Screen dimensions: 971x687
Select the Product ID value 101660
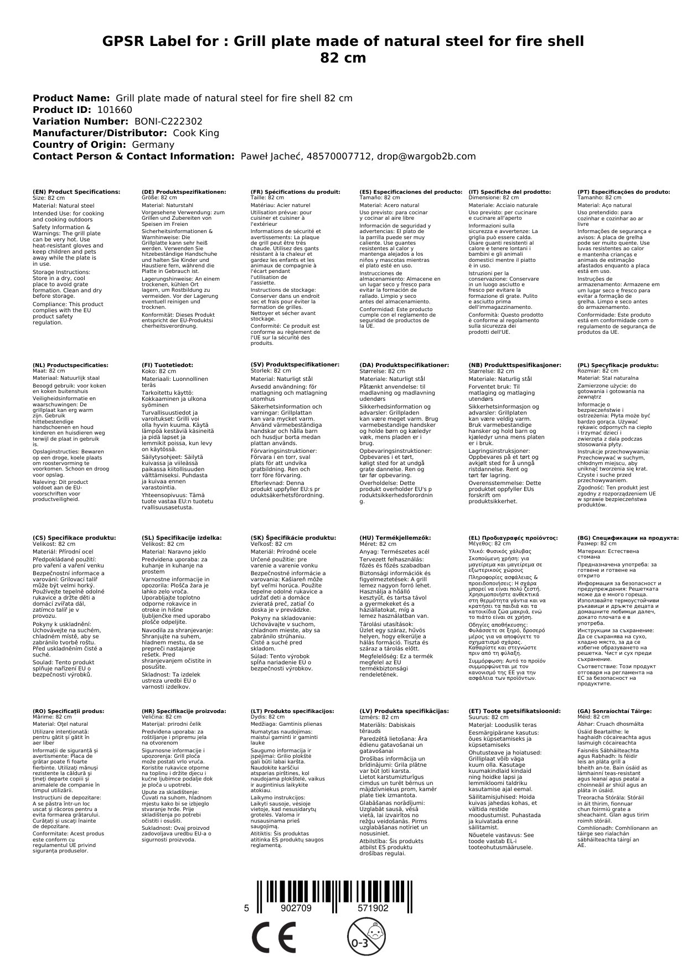[x=115, y=110]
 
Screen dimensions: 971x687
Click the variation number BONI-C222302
[x=168, y=121]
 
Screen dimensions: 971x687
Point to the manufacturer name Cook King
[x=196, y=133]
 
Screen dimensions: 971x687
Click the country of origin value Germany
[x=153, y=144]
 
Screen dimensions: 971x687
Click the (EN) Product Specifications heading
[x=76, y=192]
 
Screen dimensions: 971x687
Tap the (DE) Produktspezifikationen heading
[x=184, y=192]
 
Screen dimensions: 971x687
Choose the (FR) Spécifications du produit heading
[x=295, y=192]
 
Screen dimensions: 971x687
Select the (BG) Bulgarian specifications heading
[x=628, y=538]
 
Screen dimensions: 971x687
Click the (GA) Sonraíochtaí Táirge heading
[x=614, y=711]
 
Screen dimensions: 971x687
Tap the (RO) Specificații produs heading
[x=68, y=711]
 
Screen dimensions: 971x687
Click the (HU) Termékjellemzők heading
[x=395, y=538]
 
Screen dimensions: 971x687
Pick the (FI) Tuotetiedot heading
[x=167, y=365]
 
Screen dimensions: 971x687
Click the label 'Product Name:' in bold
[x=71, y=98]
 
